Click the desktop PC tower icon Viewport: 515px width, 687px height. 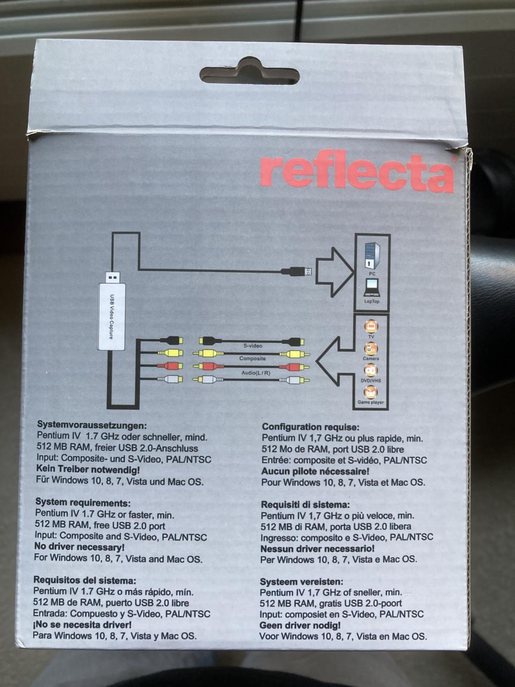point(372,256)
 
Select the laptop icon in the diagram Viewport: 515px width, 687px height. point(371,288)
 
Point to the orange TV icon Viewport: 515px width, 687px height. point(371,327)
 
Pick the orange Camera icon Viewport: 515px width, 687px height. point(371,349)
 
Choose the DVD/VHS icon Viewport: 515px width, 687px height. point(371,371)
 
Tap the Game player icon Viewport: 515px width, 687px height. point(371,392)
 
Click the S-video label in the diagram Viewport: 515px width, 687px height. point(253,346)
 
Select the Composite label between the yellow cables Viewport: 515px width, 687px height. point(252,359)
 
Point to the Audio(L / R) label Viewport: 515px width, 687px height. point(256,373)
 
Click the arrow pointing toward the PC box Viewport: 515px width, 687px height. point(334,272)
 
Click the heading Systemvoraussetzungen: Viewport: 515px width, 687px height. point(92,425)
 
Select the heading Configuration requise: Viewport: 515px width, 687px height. point(311,427)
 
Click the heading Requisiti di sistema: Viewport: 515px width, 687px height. point(305,505)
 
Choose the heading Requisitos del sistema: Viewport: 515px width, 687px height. point(85,580)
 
